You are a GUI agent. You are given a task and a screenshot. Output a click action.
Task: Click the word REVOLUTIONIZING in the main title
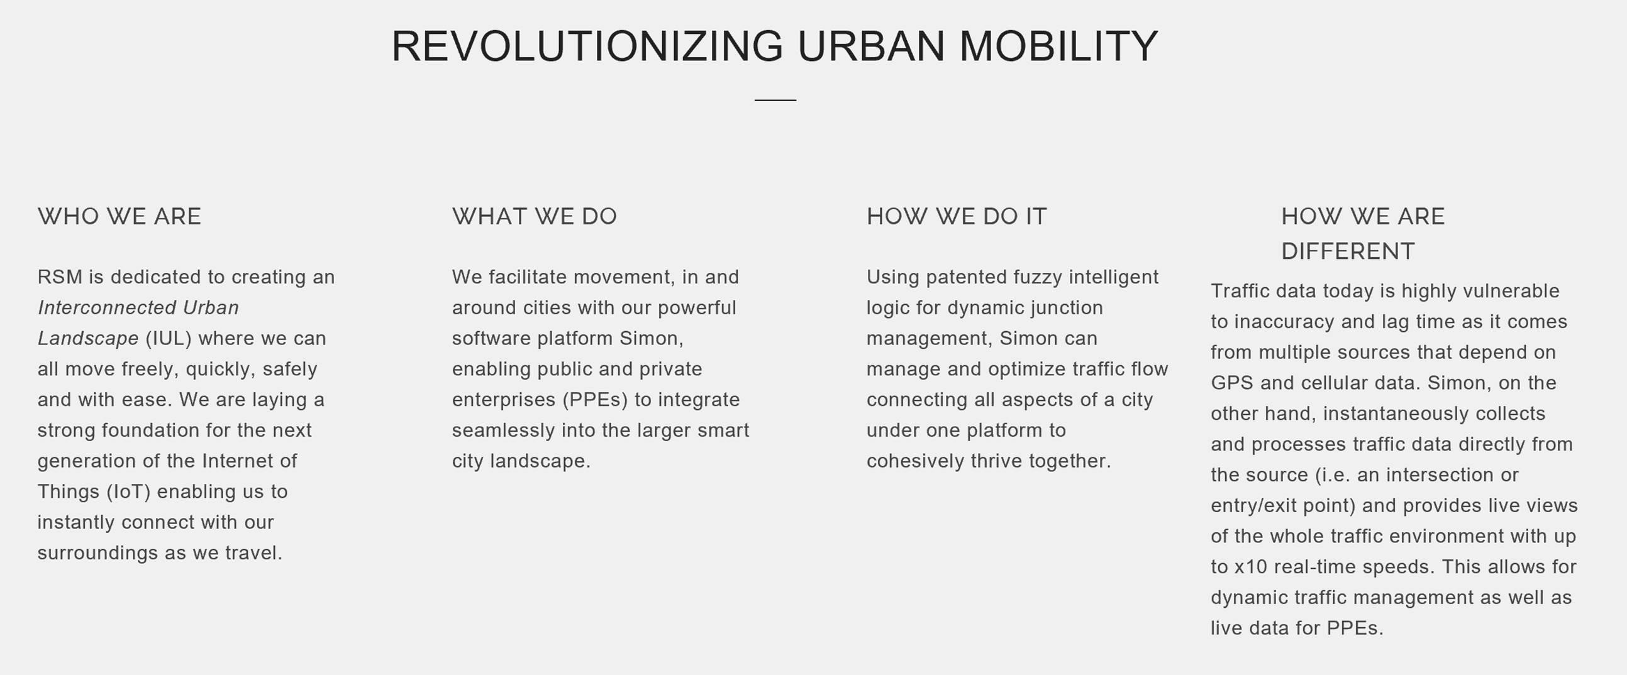tap(587, 46)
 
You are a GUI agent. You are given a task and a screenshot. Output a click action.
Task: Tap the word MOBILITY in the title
tap(1058, 46)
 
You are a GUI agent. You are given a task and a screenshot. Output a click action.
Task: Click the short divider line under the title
tap(775, 100)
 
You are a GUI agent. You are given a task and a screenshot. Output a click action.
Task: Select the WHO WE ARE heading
tap(119, 217)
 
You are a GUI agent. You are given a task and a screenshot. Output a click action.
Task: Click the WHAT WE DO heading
tap(535, 217)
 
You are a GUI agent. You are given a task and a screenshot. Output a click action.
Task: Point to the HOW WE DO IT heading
tap(956, 217)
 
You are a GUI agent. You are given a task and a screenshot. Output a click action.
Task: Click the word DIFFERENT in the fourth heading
tap(1348, 251)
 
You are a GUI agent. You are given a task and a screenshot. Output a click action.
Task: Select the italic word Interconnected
tap(107, 307)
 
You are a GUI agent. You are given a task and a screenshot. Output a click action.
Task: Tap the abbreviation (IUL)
tap(169, 339)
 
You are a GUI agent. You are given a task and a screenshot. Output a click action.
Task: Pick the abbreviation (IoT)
tap(128, 492)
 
